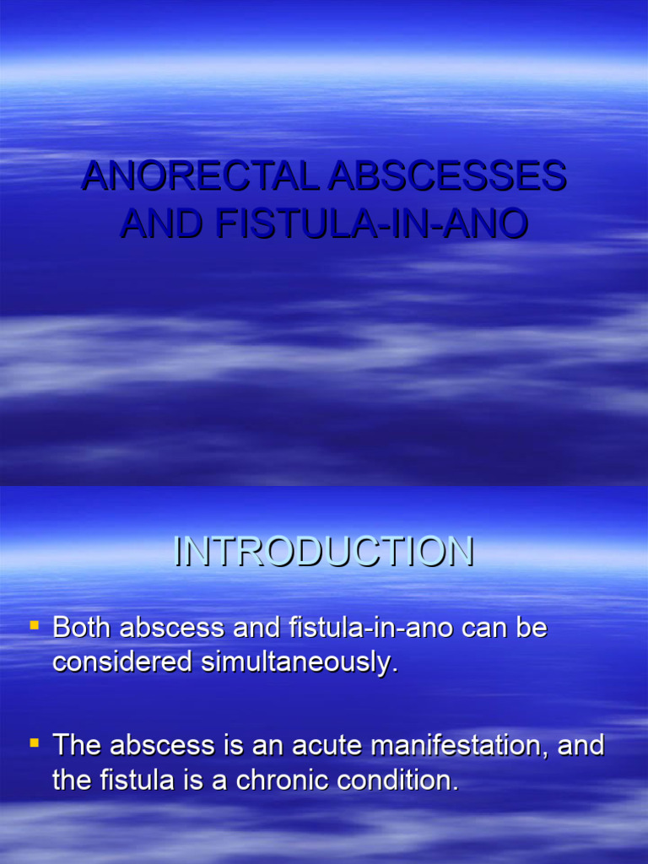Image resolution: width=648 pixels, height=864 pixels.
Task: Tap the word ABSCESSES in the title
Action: point(447,176)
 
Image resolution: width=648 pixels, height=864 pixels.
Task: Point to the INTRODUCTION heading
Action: point(324,553)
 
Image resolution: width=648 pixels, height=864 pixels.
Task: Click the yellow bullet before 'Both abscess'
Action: point(35,626)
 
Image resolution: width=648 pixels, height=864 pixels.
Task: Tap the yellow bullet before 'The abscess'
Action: point(35,743)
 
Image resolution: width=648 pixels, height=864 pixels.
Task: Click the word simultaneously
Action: point(298,663)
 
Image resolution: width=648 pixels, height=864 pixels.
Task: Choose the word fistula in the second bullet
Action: point(131,780)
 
